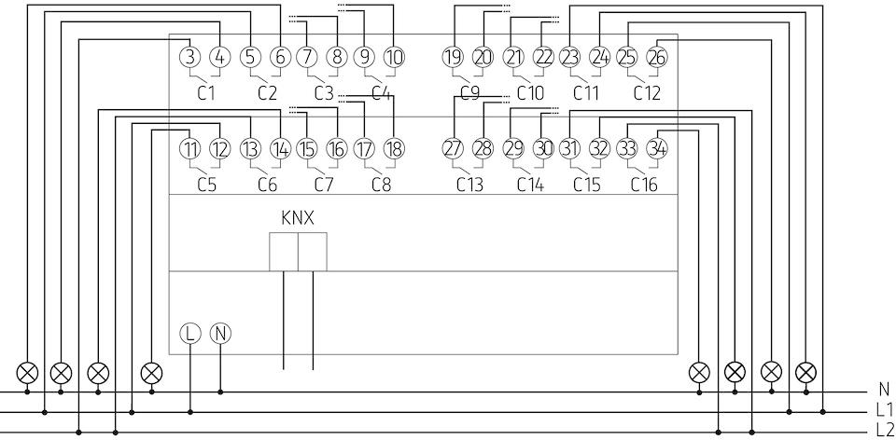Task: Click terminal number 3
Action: [190, 57]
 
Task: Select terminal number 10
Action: [394, 57]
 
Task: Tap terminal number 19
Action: [454, 57]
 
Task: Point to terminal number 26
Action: [657, 57]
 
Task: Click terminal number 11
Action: [190, 149]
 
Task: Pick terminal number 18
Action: [394, 149]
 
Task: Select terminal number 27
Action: [454, 149]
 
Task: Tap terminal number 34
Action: [657, 149]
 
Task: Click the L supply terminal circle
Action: [190, 333]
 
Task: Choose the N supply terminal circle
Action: [220, 333]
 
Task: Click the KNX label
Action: [298, 218]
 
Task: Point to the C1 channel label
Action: [206, 92]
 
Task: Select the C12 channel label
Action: [646, 92]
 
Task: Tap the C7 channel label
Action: [324, 185]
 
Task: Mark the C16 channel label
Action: [644, 185]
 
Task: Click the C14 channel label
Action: [530, 185]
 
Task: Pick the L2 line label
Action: [884, 431]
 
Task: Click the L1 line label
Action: [884, 409]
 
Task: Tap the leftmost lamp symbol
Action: [27, 373]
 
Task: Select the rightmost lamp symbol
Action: [806, 373]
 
